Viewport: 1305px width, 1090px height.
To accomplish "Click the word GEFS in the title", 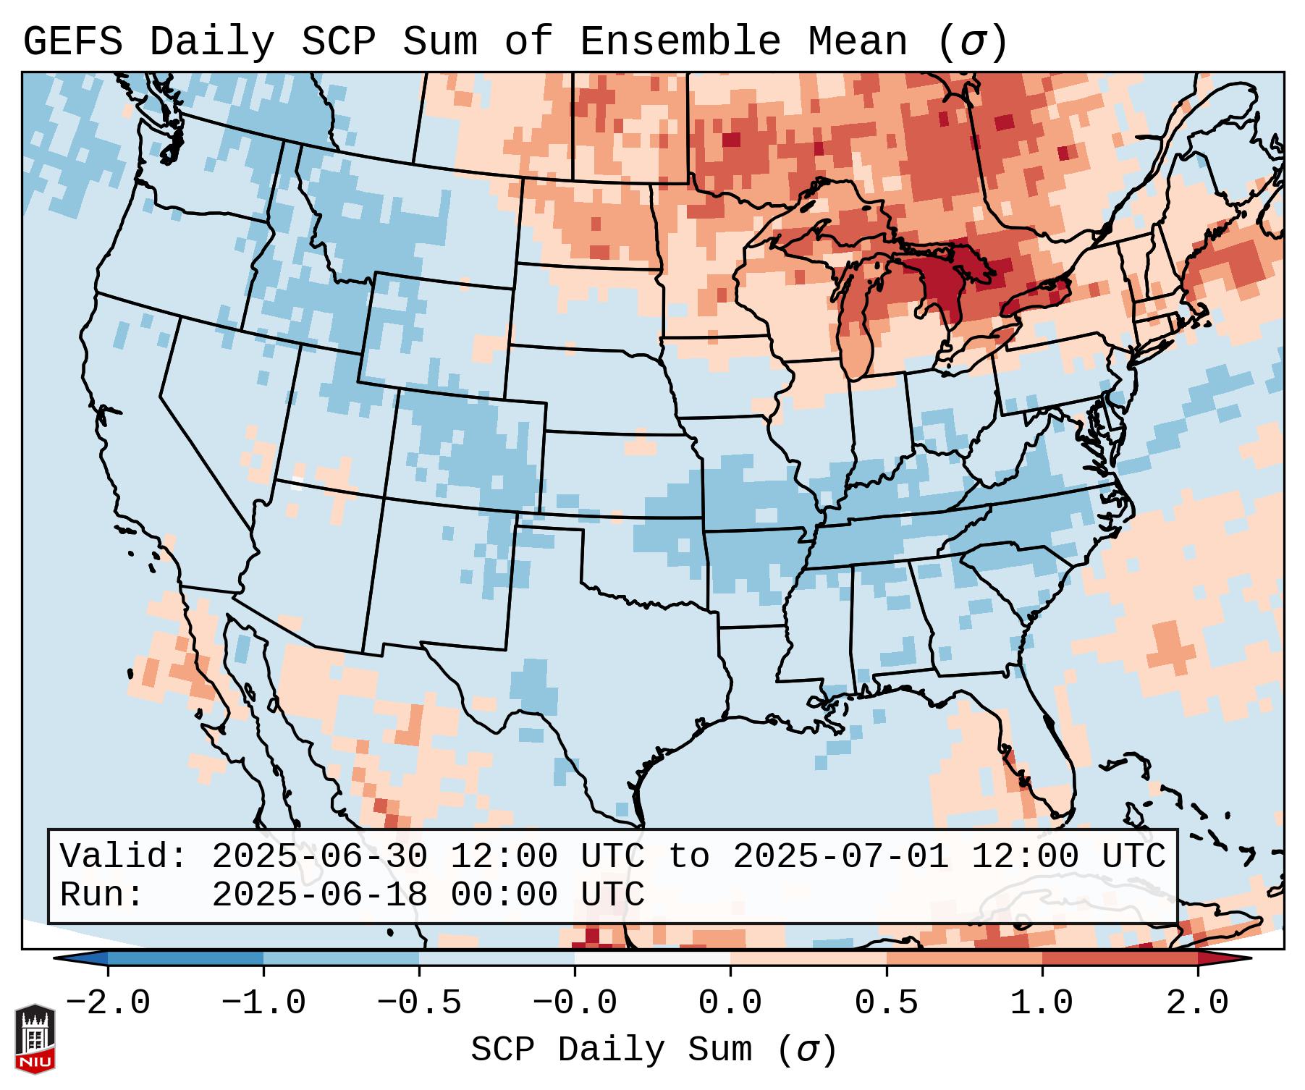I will coord(72,42).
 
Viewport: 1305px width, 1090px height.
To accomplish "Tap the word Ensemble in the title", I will coord(680,42).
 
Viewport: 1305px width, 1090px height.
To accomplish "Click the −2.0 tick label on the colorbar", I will coord(108,1003).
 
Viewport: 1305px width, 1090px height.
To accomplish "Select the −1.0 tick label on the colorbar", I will coord(263,1003).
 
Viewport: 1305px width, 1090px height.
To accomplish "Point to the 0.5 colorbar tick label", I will coord(886,1003).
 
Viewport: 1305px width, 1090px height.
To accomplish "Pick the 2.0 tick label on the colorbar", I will coord(1197,1003).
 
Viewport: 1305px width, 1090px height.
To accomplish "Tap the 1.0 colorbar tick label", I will coord(1042,1003).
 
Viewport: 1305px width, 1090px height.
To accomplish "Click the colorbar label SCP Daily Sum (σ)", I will coord(654,1049).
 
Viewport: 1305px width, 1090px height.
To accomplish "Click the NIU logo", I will coord(35,1039).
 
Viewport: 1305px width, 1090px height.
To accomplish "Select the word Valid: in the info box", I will coord(124,856).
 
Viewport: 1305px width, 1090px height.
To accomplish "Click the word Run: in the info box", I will coord(102,895).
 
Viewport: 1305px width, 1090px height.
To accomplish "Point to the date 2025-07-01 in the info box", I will coord(840,856).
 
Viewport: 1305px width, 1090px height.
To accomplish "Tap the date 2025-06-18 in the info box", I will coord(319,895).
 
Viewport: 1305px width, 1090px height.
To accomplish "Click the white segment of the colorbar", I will coord(652,958).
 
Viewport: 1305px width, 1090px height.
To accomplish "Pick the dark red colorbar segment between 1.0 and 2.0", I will coord(1119,958).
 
